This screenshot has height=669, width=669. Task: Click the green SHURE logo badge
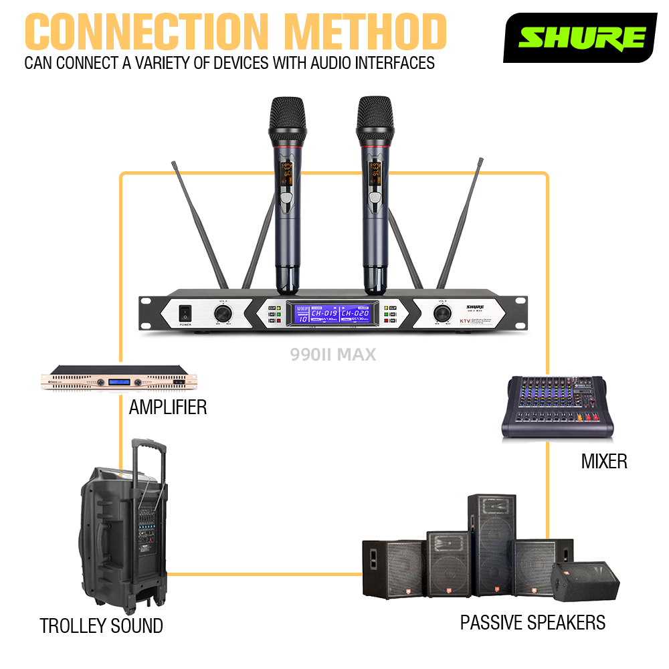pyautogui.click(x=580, y=37)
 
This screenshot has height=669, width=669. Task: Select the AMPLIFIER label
pyautogui.click(x=167, y=407)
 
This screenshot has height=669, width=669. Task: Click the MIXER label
pyautogui.click(x=604, y=461)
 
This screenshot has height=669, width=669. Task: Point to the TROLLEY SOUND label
pyautogui.click(x=101, y=626)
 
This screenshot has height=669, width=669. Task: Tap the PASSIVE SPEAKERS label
pyautogui.click(x=533, y=623)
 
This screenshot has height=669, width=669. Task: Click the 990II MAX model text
pyautogui.click(x=333, y=355)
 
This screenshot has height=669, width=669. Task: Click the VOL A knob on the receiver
pyautogui.click(x=222, y=312)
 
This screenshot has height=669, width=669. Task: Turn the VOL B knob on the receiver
pyautogui.click(x=441, y=312)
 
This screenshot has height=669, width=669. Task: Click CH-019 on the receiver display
pyautogui.click(x=324, y=312)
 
